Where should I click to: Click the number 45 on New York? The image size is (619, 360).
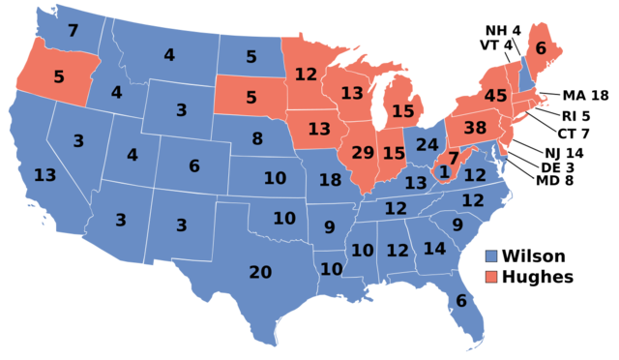click(x=495, y=96)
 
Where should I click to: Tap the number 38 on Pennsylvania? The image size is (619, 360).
click(x=475, y=127)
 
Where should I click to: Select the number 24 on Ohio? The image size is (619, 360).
click(x=427, y=145)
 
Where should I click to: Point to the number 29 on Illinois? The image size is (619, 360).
click(x=363, y=153)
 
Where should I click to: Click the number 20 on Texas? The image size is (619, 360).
click(x=260, y=272)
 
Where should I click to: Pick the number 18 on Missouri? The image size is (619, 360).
click(x=330, y=180)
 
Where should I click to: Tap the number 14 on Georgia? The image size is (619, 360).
click(x=434, y=249)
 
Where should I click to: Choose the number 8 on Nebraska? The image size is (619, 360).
click(x=257, y=138)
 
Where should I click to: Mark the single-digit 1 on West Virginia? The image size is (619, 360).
click(x=444, y=172)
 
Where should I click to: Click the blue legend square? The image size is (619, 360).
click(x=491, y=256)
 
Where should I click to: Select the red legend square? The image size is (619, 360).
click(x=491, y=277)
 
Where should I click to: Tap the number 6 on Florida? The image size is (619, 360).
click(x=461, y=301)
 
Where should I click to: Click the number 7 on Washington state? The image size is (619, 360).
click(x=73, y=31)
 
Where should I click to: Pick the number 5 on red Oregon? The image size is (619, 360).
click(x=59, y=76)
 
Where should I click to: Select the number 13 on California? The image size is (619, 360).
click(x=44, y=175)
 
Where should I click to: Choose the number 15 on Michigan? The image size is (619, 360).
click(x=403, y=111)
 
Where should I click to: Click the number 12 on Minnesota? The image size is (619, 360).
click(x=306, y=75)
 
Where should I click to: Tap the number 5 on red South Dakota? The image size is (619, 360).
click(x=251, y=98)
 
